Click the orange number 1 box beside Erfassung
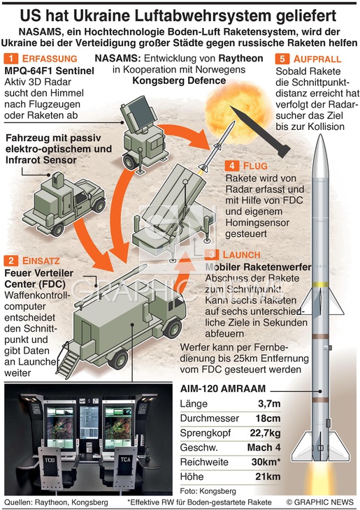11,59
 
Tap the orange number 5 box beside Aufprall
282,59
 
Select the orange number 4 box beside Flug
232,166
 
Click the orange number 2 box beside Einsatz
11,261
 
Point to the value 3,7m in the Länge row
269,404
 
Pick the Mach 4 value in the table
264,448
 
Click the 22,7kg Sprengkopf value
265,433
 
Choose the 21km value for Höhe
268,476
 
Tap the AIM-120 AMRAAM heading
223,388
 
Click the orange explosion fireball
238,110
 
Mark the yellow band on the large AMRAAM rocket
320,284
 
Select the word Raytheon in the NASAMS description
240,59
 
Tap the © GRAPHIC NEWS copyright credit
319,502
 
